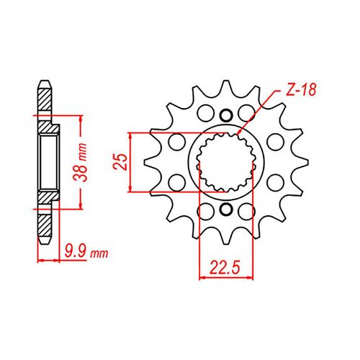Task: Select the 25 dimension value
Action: pos(123,162)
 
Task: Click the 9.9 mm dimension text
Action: pos(85,253)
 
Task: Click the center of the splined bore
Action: pos(225,162)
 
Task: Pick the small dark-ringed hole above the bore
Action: pos(225,115)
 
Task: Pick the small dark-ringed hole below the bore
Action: pos(225,210)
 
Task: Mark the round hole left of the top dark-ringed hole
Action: pos(204,113)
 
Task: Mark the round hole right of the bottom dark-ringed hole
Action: pos(246,211)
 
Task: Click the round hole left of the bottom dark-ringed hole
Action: pos(204,211)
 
